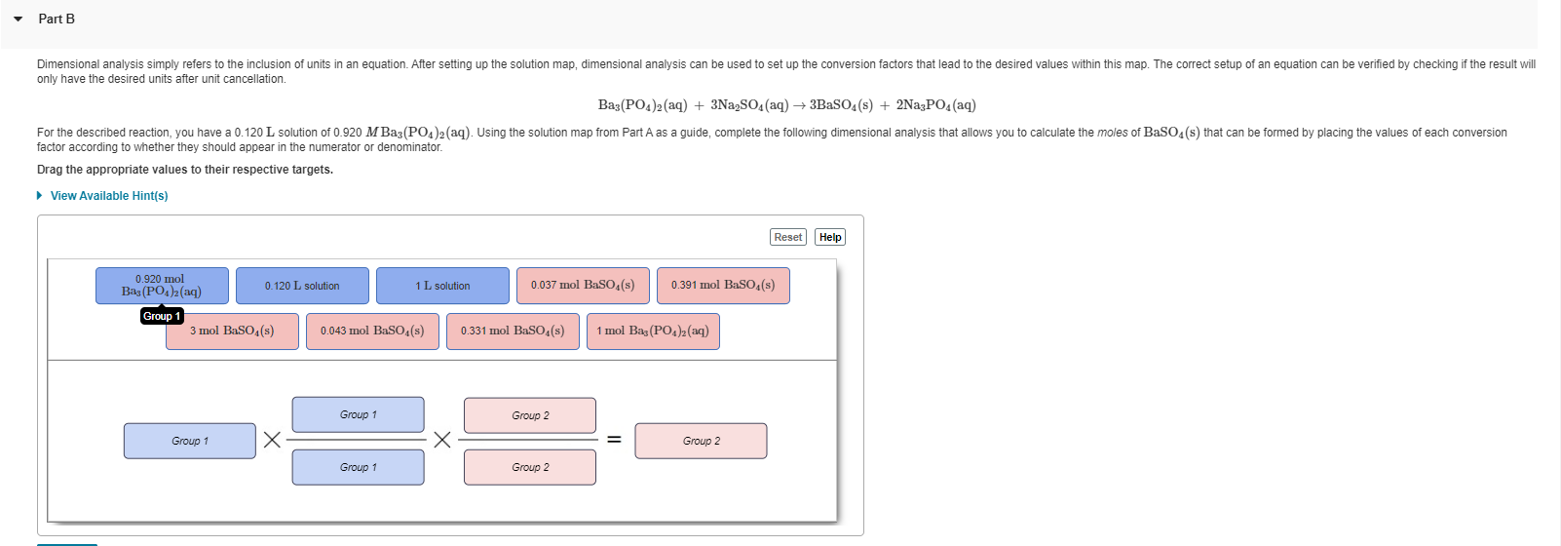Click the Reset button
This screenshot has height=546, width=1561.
pos(787,237)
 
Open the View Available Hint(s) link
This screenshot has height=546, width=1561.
pos(108,196)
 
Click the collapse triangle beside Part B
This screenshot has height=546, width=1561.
pos(19,19)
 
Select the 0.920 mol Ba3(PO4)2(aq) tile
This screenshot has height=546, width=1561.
pos(162,286)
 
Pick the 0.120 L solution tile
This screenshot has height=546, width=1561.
pos(302,286)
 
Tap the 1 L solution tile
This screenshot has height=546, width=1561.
pos(442,286)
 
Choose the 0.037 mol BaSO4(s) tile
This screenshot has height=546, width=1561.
pos(583,286)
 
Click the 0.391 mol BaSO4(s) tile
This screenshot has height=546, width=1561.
pos(723,286)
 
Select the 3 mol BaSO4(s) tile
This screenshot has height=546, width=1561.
pos(232,331)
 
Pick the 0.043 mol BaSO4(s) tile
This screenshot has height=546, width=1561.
pos(372,331)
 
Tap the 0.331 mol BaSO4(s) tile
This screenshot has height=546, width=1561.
pos(513,331)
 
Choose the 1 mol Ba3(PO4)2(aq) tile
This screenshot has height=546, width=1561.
pos(653,331)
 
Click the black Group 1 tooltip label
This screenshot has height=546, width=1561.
pos(162,316)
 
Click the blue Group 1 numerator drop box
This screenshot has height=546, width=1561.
pos(358,414)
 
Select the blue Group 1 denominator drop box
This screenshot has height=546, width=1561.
pos(358,467)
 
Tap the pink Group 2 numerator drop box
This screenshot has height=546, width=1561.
pos(530,415)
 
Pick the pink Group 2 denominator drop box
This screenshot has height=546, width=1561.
pos(530,467)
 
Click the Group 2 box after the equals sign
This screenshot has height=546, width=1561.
pos(701,441)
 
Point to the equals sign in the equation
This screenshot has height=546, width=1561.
pos(614,440)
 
